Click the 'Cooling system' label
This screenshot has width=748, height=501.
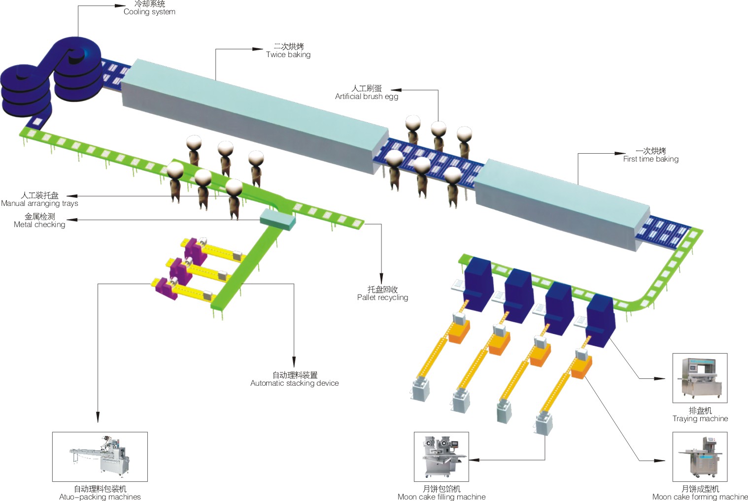pyautogui.click(x=149, y=8)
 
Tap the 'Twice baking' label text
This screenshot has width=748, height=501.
pyautogui.click(x=288, y=51)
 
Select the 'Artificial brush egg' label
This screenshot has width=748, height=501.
pyautogui.click(x=367, y=93)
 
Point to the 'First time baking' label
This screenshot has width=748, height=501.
pyautogui.click(x=650, y=155)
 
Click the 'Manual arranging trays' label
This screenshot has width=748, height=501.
pyautogui.click(x=39, y=200)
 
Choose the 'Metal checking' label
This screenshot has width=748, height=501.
pyautogui.click(x=39, y=221)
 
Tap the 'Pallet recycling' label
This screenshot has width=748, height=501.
pyautogui.click(x=382, y=294)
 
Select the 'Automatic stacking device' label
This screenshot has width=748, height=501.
pyautogui.click(x=295, y=379)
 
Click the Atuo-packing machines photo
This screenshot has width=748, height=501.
pyautogui.click(x=100, y=457)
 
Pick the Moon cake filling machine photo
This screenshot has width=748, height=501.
pyautogui.click(x=441, y=457)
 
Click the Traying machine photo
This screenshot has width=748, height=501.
pyautogui.click(x=700, y=378)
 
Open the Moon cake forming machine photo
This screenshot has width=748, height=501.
pyautogui.click(x=700, y=457)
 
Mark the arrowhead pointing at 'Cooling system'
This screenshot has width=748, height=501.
pyautogui.click(x=120, y=6)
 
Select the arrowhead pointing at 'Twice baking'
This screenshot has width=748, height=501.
pyautogui.click(x=258, y=49)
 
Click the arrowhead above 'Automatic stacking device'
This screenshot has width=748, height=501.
pyautogui.click(x=294, y=363)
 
